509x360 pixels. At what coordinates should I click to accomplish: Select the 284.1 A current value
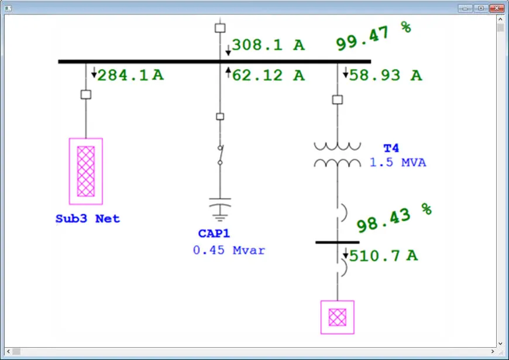point(130,75)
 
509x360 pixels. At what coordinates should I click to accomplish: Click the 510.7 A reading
point(384,255)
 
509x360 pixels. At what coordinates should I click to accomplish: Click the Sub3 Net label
point(88,219)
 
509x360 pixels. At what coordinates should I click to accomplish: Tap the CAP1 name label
point(214,234)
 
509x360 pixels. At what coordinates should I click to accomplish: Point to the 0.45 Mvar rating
point(229,251)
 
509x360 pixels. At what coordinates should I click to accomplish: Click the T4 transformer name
point(391,148)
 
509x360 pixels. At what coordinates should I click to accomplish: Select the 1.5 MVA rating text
point(398,163)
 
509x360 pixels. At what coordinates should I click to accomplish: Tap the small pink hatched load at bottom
point(338,317)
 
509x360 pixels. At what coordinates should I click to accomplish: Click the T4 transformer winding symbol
point(337,154)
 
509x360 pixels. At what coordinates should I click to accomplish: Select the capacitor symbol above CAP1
point(220,207)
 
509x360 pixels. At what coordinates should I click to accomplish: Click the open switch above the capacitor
point(220,155)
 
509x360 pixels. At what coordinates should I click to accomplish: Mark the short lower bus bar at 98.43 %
point(338,242)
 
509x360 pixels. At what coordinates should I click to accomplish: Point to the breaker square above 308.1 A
point(220,28)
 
